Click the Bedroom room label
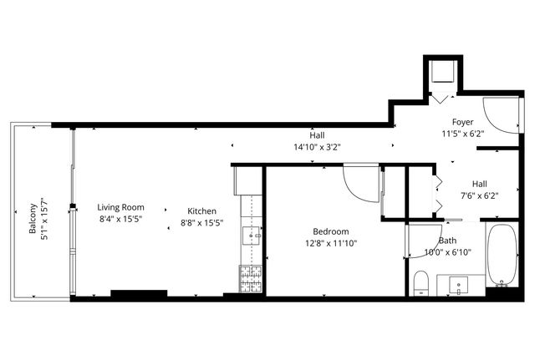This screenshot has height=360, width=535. [x=331, y=231]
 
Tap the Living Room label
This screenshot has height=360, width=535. [x=120, y=207]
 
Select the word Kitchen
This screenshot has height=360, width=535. [x=202, y=210]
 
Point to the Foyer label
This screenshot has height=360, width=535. [x=462, y=122]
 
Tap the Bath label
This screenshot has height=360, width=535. [x=447, y=240]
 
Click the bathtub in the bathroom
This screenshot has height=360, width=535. [x=502, y=255]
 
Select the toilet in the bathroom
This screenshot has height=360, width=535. [x=421, y=282]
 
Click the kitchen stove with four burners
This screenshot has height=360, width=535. [x=250, y=278]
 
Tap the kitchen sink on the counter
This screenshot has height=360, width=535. [x=251, y=236]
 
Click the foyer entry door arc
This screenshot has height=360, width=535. [x=498, y=118]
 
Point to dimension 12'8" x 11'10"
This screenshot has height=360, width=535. [x=331, y=244]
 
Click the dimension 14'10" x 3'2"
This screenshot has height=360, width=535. [x=316, y=147]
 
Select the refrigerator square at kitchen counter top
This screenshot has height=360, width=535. [x=248, y=180]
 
